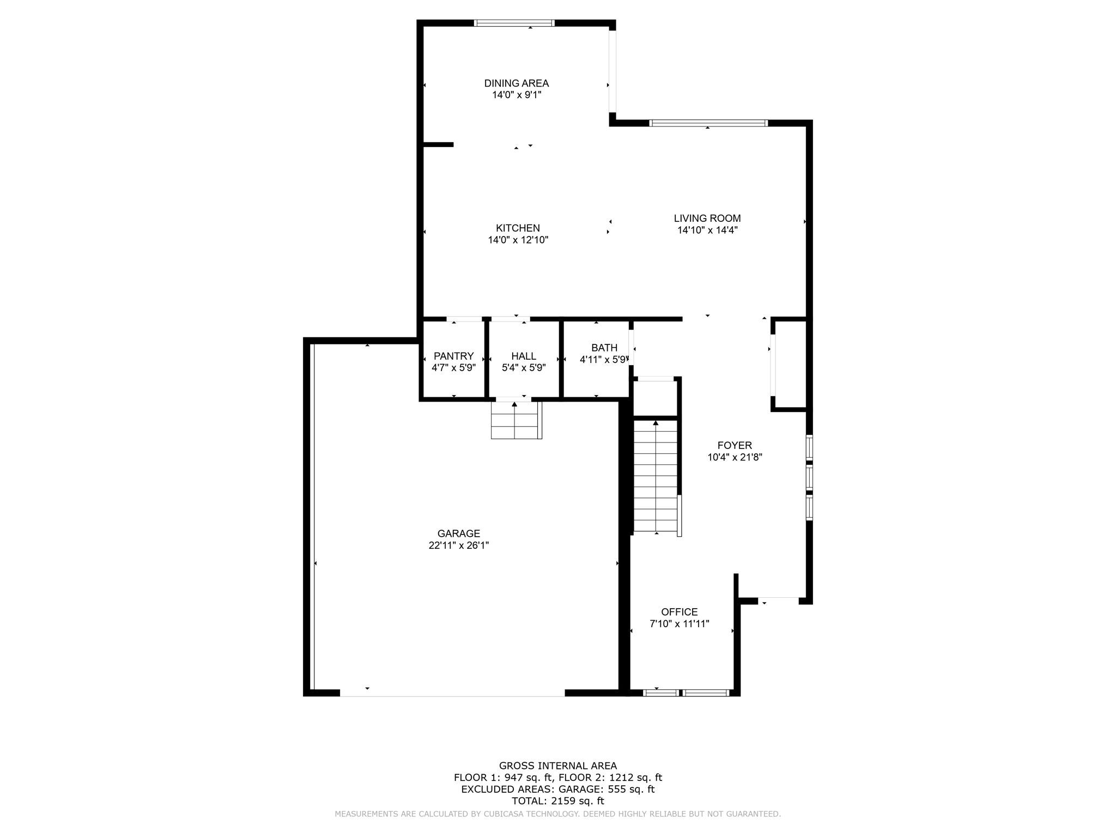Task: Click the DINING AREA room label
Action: [516, 83]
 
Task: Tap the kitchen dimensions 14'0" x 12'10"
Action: [518, 240]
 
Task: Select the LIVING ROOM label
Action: [707, 219]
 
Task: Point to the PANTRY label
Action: [453, 356]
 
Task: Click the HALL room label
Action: [523, 356]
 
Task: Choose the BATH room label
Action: [604, 348]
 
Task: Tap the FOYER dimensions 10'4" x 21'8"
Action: [734, 458]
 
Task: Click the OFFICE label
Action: [679, 612]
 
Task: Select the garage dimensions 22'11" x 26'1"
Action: [458, 545]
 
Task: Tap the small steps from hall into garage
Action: [515, 420]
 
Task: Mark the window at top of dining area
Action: [514, 23]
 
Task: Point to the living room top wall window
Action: [708, 123]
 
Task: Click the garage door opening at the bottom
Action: [452, 693]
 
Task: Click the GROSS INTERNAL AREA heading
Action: [557, 766]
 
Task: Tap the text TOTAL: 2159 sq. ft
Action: [557, 801]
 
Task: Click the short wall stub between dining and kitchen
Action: [438, 144]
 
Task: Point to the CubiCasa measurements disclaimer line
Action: [557, 814]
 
